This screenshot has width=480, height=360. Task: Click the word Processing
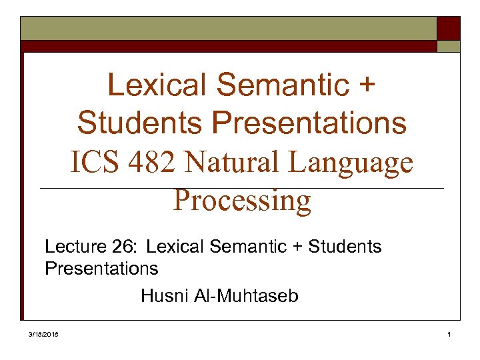pos(242,200)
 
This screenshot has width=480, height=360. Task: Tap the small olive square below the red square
pos(448,46)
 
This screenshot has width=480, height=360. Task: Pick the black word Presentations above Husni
pos(101,269)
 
